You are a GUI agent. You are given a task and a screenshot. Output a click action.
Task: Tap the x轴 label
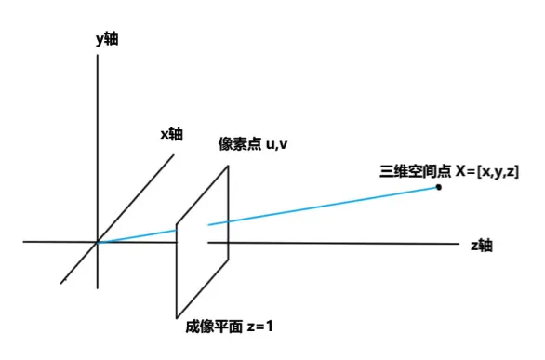(x=172, y=134)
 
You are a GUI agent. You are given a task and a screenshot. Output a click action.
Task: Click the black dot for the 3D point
(x=438, y=187)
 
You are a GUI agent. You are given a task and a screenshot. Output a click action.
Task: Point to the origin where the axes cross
(x=98, y=242)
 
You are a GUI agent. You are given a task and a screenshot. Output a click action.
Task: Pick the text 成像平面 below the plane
(x=214, y=327)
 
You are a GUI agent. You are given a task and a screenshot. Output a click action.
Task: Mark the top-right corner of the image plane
(x=228, y=167)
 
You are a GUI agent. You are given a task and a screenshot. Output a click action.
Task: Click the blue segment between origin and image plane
(x=138, y=235)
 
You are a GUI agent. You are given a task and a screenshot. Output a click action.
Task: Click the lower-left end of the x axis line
(x=62, y=282)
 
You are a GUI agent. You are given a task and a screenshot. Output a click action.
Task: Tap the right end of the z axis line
(x=458, y=243)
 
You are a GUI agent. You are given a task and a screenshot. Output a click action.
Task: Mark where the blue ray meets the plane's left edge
(x=177, y=229)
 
